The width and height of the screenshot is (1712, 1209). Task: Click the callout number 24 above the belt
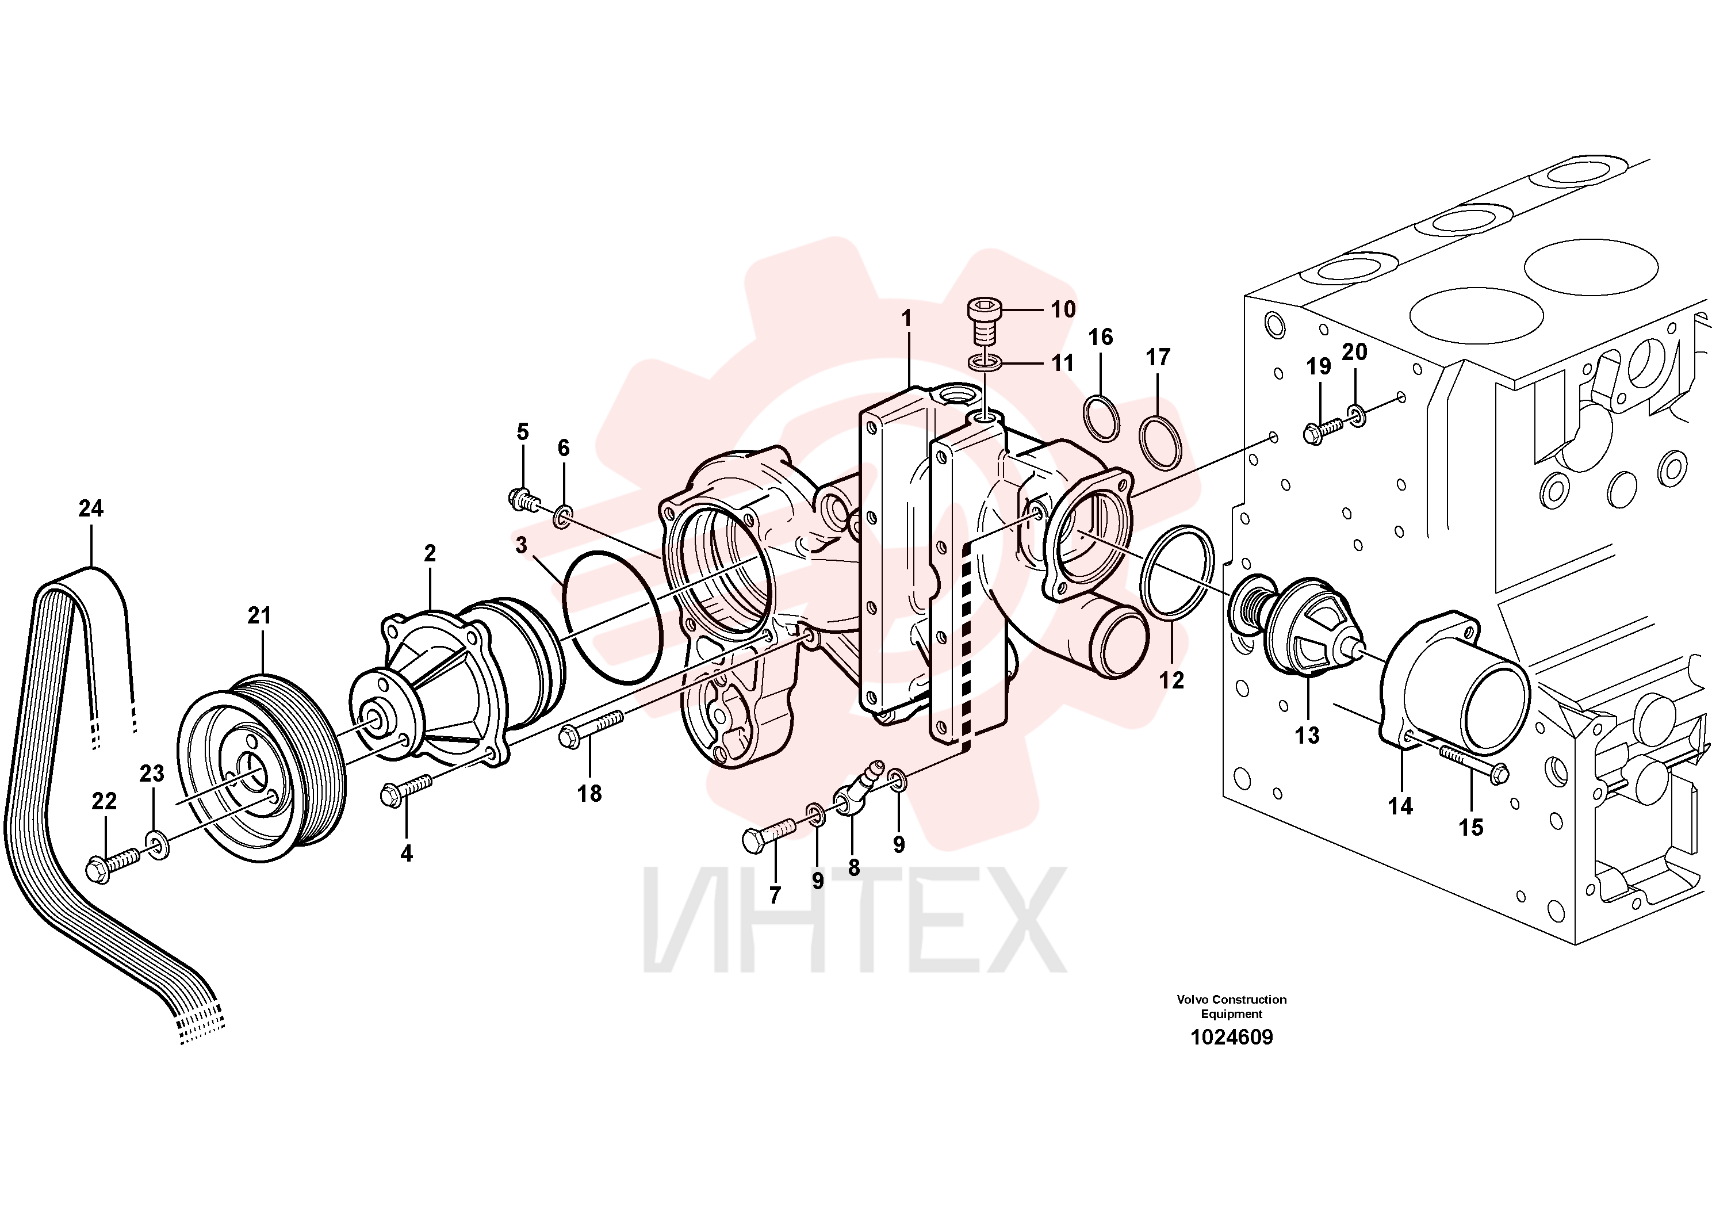point(91,508)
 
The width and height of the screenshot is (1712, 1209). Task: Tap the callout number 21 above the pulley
point(259,615)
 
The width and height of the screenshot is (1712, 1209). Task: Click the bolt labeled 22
point(113,864)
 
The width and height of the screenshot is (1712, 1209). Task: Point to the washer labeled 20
point(1357,415)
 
